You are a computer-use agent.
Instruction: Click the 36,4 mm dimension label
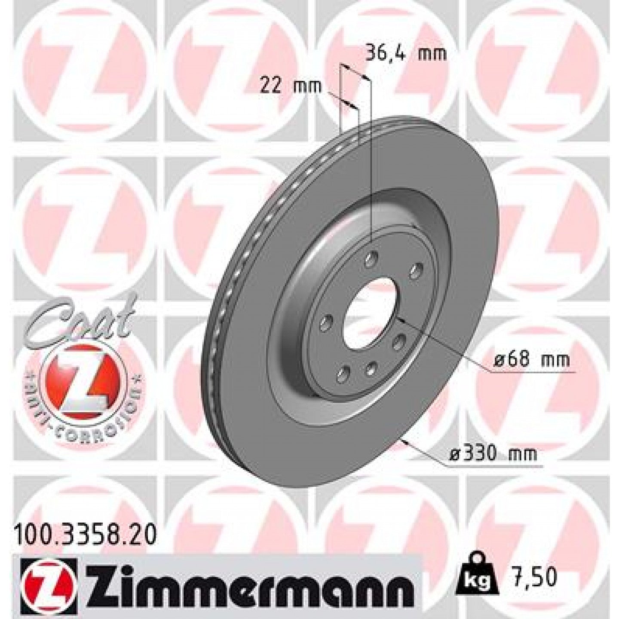[406, 54]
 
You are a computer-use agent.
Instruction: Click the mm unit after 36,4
[432, 54]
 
